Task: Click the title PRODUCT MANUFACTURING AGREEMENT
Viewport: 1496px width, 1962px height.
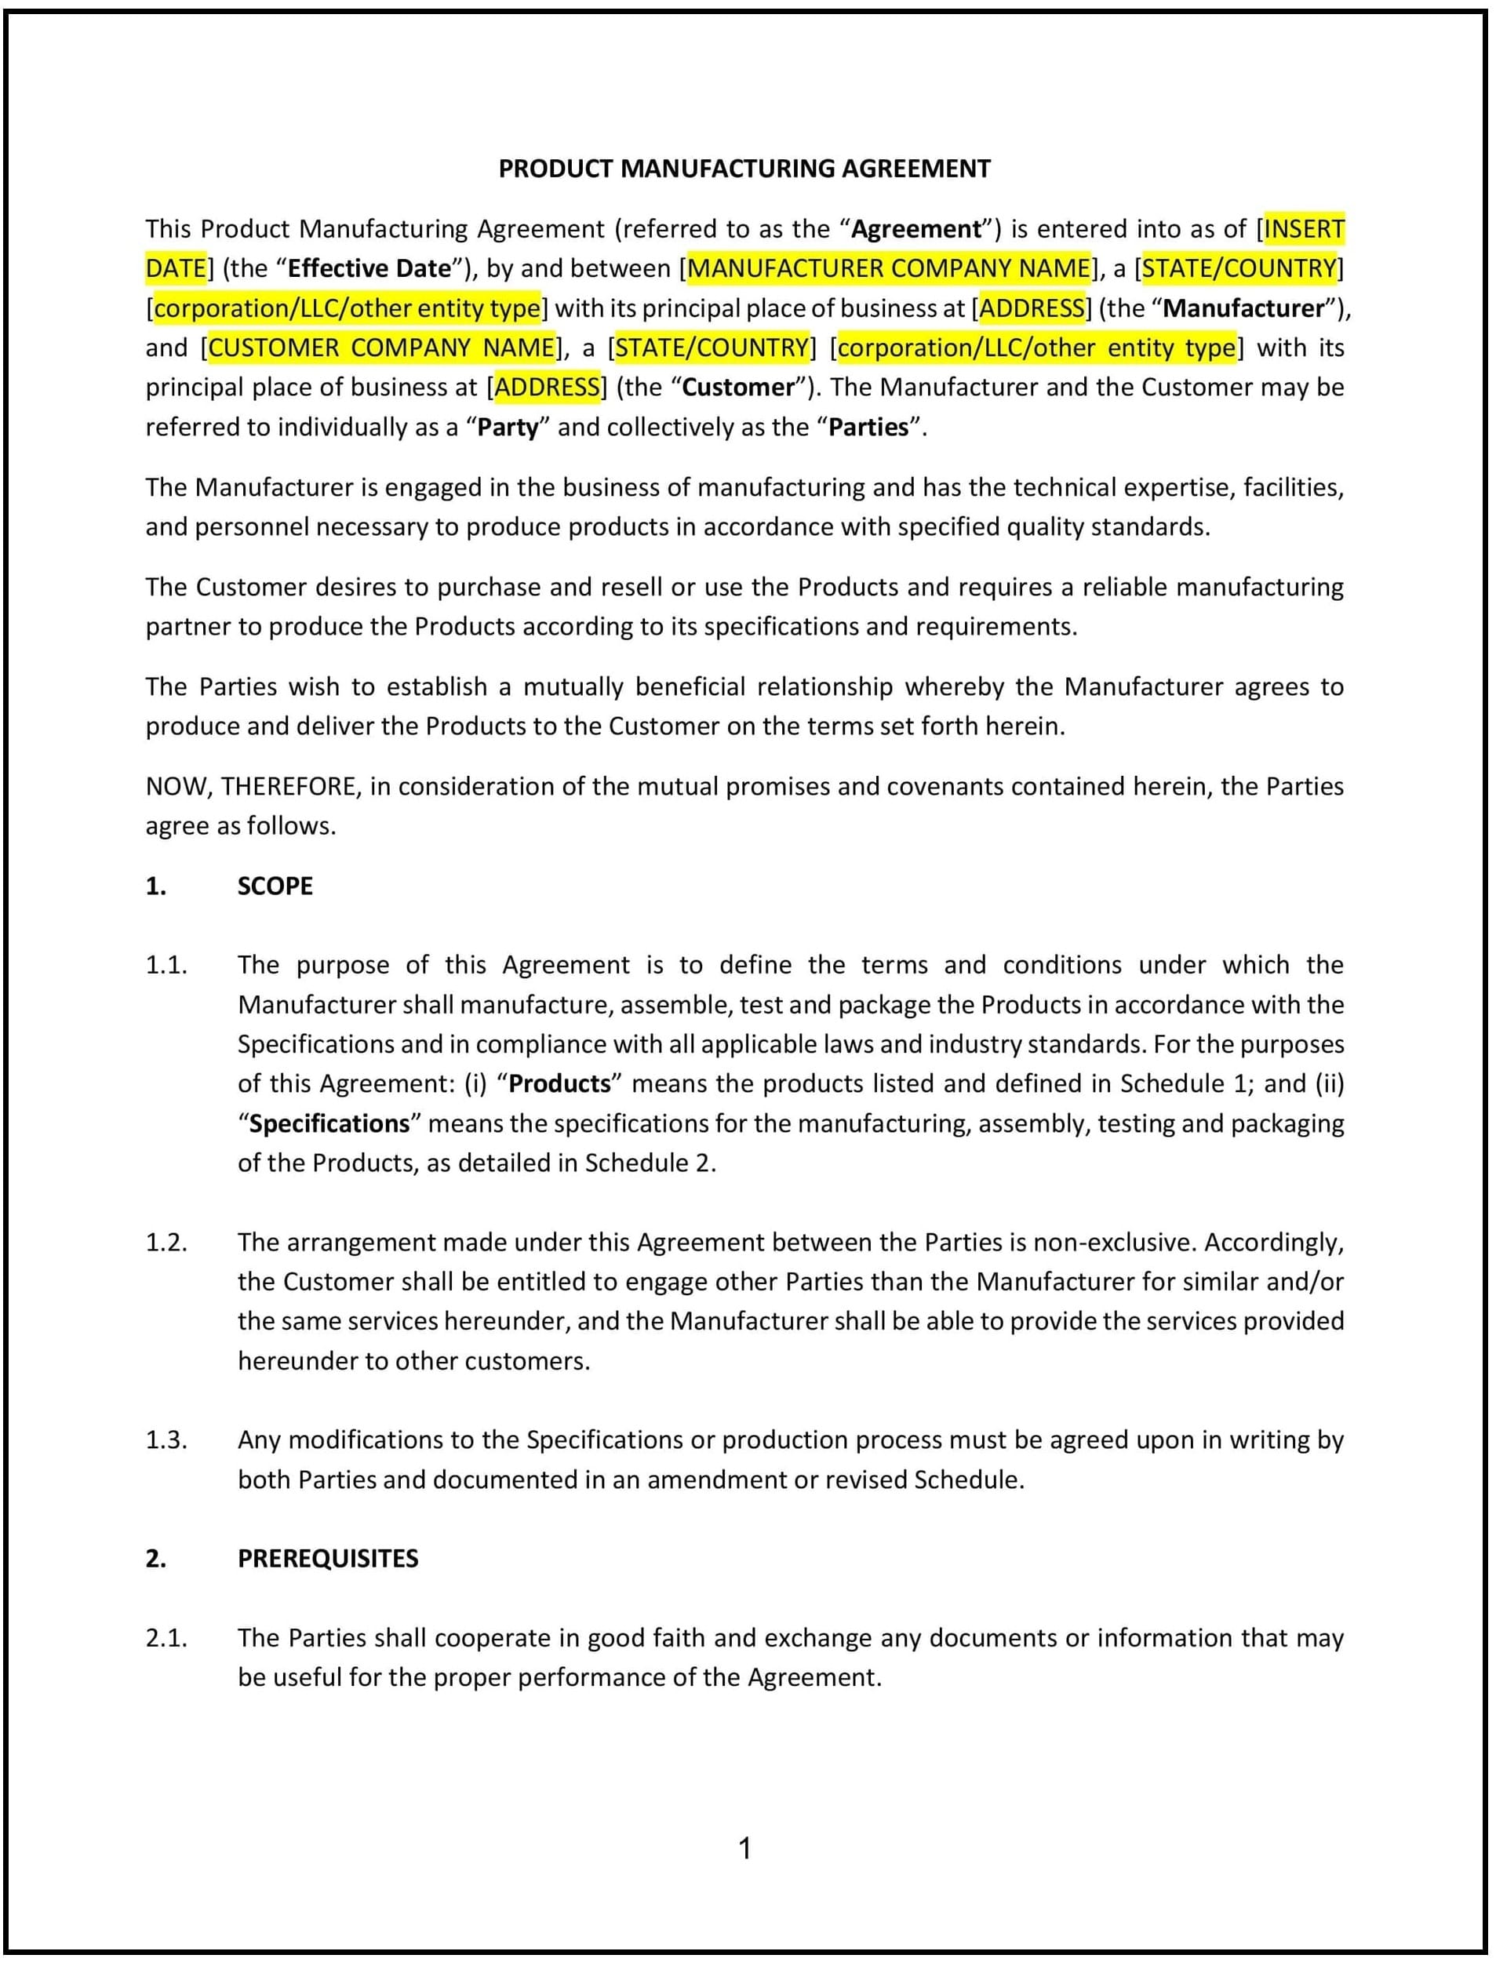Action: pyautogui.click(x=744, y=169)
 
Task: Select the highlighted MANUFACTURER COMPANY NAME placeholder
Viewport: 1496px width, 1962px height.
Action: pyautogui.click(x=889, y=268)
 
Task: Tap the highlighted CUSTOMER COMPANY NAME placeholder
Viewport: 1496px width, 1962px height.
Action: pyautogui.click(x=381, y=348)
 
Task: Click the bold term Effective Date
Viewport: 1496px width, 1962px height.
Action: pyautogui.click(x=369, y=268)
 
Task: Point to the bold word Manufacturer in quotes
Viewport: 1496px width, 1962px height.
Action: pyautogui.click(x=1243, y=308)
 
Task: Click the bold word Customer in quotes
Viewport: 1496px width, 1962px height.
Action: pyautogui.click(x=737, y=388)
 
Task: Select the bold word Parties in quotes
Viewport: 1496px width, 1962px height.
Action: pyautogui.click(x=868, y=428)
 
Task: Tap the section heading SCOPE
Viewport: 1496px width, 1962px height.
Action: pyautogui.click(x=275, y=886)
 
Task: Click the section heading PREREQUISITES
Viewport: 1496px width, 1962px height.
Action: pyautogui.click(x=328, y=1559)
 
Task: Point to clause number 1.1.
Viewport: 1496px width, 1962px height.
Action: pyautogui.click(x=166, y=966)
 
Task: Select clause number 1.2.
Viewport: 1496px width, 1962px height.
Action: pyautogui.click(x=166, y=1243)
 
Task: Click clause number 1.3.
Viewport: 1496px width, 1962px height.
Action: pyautogui.click(x=166, y=1440)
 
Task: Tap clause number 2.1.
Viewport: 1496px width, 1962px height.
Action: pyautogui.click(x=166, y=1638)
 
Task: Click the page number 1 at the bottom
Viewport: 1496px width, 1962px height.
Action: pyautogui.click(x=745, y=1850)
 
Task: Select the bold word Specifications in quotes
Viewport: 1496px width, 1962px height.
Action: pyautogui.click(x=329, y=1124)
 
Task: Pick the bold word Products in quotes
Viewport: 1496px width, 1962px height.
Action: pyautogui.click(x=560, y=1084)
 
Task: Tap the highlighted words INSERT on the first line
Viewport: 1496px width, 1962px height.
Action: pyautogui.click(x=1304, y=229)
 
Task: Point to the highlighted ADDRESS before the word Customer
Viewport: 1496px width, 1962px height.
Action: pyautogui.click(x=547, y=388)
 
